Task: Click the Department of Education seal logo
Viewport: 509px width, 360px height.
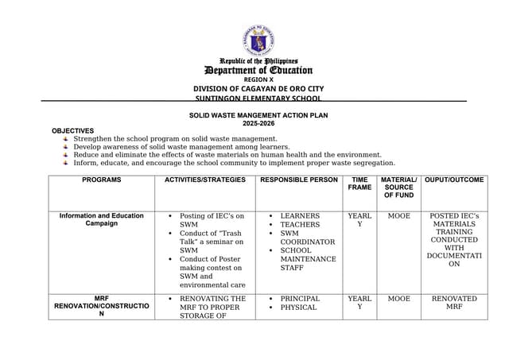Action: (258, 39)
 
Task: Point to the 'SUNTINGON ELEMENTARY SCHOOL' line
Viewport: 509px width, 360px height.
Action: (258, 99)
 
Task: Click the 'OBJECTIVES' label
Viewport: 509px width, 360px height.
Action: (72, 130)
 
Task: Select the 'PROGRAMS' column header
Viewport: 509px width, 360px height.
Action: (101, 180)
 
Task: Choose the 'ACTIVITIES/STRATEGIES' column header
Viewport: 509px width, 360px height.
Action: (204, 180)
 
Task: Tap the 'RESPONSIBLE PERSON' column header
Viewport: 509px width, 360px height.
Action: (299, 180)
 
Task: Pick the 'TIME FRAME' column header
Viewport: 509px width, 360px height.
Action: (359, 184)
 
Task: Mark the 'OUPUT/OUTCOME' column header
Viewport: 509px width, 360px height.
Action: (454, 180)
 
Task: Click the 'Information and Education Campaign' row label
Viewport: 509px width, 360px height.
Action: (101, 219)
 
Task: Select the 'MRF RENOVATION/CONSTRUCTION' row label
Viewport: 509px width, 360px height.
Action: (101, 306)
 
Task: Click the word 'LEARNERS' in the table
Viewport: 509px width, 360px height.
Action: (300, 216)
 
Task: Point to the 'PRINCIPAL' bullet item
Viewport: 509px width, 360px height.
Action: (300, 299)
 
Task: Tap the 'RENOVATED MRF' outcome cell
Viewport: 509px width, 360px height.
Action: (454, 303)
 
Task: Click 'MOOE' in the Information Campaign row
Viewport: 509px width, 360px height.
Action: (398, 216)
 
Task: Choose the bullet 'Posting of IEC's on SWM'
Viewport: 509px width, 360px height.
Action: (212, 220)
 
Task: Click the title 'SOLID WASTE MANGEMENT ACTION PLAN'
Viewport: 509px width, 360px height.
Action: (258, 115)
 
